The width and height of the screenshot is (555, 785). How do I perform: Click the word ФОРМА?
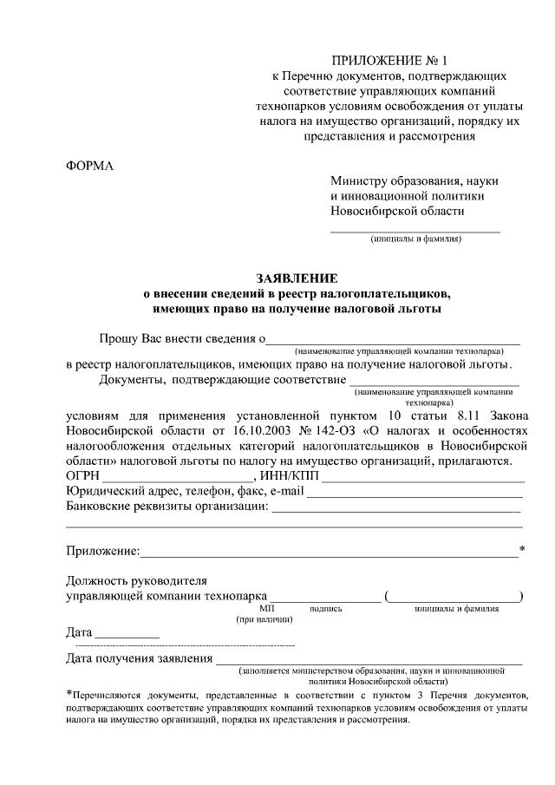tap(90, 166)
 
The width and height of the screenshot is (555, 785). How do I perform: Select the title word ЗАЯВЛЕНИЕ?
tap(296, 278)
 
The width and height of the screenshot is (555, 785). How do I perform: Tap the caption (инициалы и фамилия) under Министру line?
tap(415, 239)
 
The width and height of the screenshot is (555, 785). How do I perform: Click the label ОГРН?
tap(83, 475)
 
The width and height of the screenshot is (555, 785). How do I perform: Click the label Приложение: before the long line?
tap(102, 551)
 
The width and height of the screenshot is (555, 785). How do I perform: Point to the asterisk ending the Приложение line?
tap(522, 549)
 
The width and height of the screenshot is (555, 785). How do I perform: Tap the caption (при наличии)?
tap(264, 619)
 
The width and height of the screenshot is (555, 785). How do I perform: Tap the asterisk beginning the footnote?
tap(69, 694)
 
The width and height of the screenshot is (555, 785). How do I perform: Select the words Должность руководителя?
tap(136, 580)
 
